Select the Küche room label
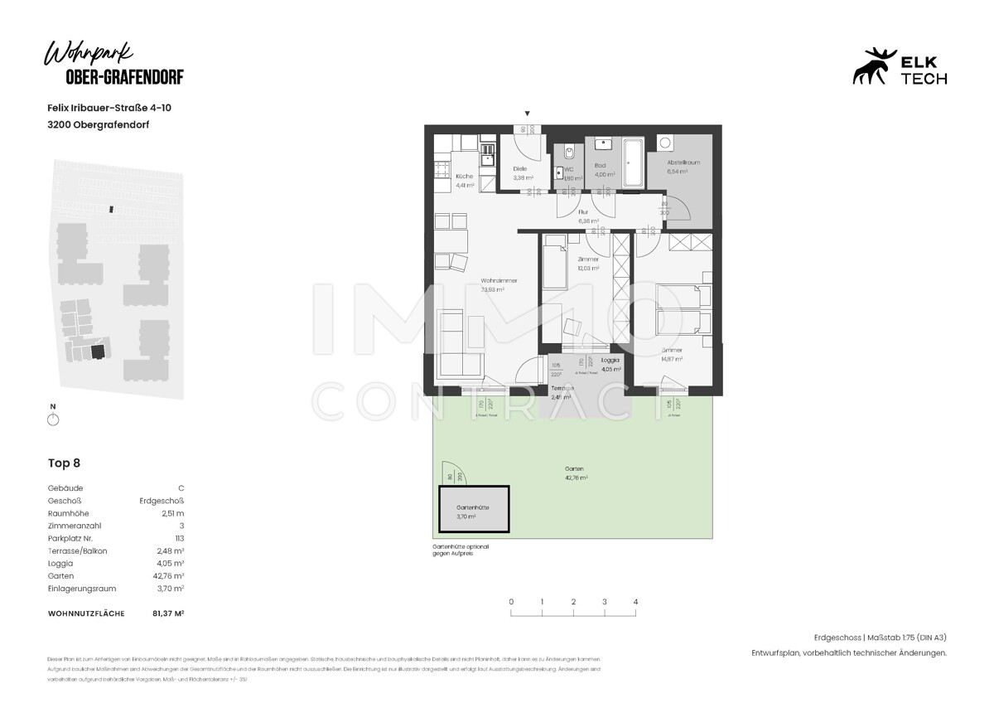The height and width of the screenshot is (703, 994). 464,177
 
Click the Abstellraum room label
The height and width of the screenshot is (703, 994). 684,162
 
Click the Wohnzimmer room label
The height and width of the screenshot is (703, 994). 499,280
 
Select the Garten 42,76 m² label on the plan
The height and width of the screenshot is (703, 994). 576,473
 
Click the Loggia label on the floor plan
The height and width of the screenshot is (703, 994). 610,360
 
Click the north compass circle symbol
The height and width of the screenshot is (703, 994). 54,419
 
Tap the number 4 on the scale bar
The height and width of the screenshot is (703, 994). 635,602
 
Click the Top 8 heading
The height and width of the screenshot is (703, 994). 65,463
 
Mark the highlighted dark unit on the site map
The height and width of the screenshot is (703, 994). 99,351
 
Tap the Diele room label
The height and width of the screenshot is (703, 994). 519,168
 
